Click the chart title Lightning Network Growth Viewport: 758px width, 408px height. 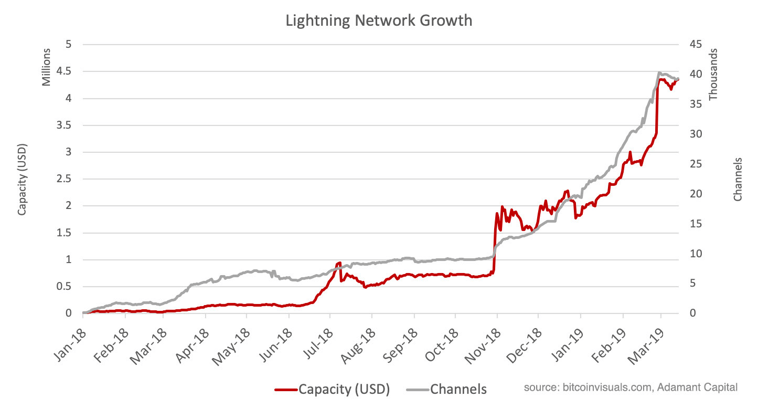pos(379,20)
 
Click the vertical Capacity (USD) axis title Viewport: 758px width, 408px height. pos(22,179)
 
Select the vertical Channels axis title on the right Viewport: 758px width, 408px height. pos(738,179)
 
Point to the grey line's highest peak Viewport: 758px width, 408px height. pos(659,72)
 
